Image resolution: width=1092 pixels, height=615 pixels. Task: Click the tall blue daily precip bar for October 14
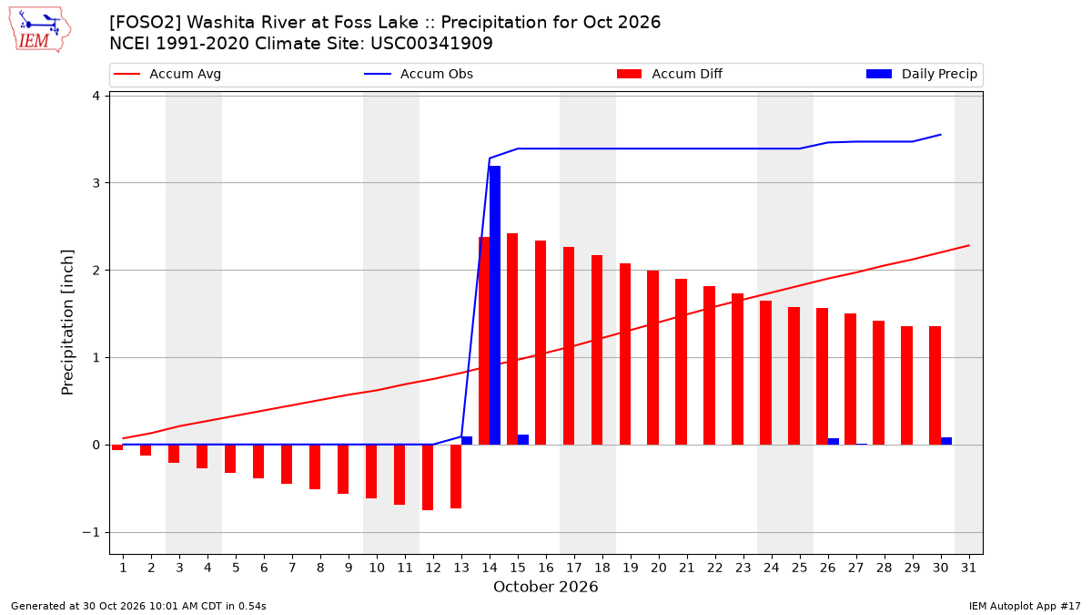[495, 305]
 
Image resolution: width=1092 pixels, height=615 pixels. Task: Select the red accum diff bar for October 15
[512, 339]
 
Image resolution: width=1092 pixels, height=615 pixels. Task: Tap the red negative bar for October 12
[428, 477]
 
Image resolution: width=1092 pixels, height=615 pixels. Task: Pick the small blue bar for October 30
[946, 441]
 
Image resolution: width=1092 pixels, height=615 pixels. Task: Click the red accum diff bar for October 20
[653, 358]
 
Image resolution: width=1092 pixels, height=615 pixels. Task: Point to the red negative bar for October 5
[230, 459]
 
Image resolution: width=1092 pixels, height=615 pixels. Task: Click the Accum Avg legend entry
[167, 74]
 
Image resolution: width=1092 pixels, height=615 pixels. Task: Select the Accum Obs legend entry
[419, 74]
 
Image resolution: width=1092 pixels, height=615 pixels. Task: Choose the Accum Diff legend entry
[670, 74]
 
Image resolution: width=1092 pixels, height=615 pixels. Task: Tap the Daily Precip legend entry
[922, 74]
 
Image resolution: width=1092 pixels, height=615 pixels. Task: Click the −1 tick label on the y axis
[91, 532]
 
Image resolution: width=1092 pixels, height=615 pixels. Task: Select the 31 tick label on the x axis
[968, 569]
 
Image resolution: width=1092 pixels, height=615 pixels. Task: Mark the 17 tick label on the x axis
[574, 569]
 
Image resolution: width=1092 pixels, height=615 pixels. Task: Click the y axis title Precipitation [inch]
[67, 323]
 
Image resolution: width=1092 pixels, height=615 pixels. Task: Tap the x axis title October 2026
[545, 587]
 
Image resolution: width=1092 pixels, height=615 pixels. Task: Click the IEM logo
[39, 30]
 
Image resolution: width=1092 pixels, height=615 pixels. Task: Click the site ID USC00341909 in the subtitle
[431, 44]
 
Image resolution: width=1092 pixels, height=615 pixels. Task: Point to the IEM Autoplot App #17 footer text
[1025, 606]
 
